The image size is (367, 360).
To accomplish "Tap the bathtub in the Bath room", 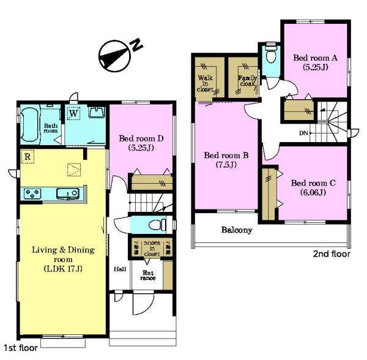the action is click(x=30, y=124).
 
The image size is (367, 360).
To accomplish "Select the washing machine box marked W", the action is click(x=73, y=113).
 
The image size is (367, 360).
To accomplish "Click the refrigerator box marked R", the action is click(x=28, y=157).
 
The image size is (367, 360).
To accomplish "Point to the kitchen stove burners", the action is click(x=32, y=194).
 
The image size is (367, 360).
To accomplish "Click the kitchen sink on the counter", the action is click(x=68, y=193).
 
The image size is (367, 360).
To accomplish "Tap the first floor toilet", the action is click(x=157, y=225).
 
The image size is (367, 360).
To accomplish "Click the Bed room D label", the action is click(x=141, y=143).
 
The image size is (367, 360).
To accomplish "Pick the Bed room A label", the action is click(x=315, y=62).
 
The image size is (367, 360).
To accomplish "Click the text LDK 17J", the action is click(x=63, y=269).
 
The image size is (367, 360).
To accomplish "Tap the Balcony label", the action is click(x=237, y=230).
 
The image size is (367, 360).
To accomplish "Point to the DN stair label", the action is click(x=303, y=133).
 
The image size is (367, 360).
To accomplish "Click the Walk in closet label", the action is click(x=205, y=83).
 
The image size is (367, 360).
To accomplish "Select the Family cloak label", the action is click(x=247, y=81).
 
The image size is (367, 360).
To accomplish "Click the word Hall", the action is click(x=120, y=269).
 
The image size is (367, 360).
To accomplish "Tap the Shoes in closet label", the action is click(x=152, y=249).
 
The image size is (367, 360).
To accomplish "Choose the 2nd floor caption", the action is click(x=332, y=254).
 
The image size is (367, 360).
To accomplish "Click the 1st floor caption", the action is click(x=21, y=348).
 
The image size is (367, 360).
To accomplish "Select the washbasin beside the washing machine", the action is click(x=97, y=113).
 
